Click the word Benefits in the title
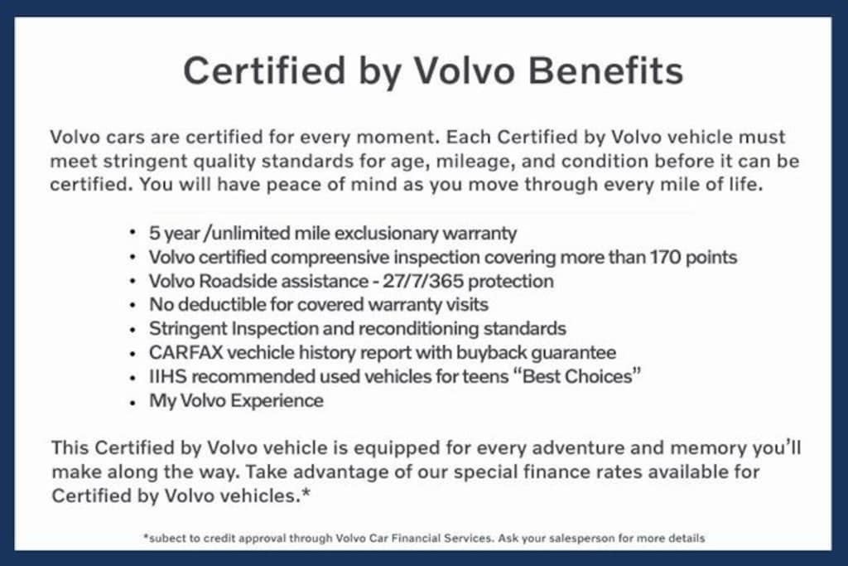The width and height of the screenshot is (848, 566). (605, 71)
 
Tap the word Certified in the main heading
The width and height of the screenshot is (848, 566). (264, 71)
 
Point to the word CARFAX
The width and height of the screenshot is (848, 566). (185, 353)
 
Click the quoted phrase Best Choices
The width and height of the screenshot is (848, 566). (577, 376)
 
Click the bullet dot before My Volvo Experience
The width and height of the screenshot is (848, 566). (133, 402)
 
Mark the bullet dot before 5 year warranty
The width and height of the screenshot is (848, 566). (133, 233)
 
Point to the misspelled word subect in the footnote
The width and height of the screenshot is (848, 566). (165, 539)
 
